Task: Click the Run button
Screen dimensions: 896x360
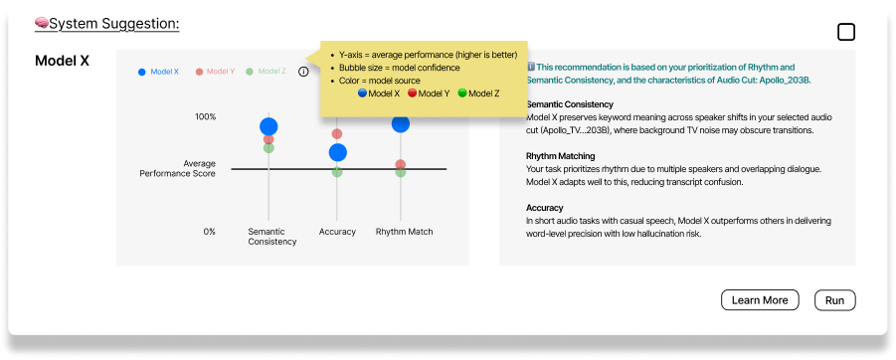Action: coord(835,300)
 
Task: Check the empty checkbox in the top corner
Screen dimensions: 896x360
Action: coord(846,33)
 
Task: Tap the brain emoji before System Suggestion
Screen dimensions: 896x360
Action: coord(42,24)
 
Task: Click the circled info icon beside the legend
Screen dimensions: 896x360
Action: coord(303,72)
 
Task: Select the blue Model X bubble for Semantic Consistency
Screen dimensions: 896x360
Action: coord(269,126)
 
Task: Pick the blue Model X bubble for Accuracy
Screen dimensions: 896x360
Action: coord(338,152)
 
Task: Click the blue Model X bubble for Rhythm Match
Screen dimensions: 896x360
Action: coord(401,123)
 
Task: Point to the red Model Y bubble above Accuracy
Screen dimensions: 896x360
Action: coord(337,133)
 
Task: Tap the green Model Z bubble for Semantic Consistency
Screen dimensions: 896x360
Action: coord(269,148)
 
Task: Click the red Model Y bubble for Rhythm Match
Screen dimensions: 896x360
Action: coord(401,164)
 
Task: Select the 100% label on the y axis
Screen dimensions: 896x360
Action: coord(206,117)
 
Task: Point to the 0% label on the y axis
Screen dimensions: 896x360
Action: coord(210,232)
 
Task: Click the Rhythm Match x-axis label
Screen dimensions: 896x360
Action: coord(404,232)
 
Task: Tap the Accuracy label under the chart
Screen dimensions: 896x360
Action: coord(337,232)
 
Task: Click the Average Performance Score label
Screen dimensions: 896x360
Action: coord(178,169)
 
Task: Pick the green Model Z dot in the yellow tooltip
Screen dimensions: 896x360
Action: coord(462,93)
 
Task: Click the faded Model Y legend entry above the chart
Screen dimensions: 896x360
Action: coord(215,72)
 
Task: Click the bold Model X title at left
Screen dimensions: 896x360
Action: coord(63,61)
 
